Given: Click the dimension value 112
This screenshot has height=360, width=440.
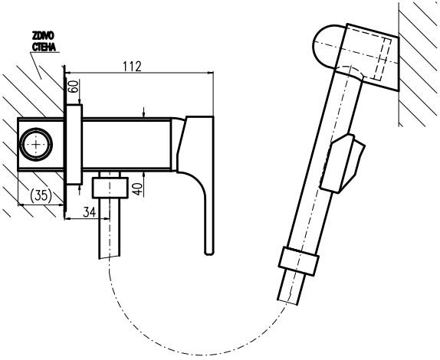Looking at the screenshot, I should point(132,66).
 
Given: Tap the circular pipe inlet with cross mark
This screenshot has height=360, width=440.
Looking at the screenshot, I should point(36,143).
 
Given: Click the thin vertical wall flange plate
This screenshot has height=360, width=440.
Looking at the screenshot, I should point(74,146).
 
